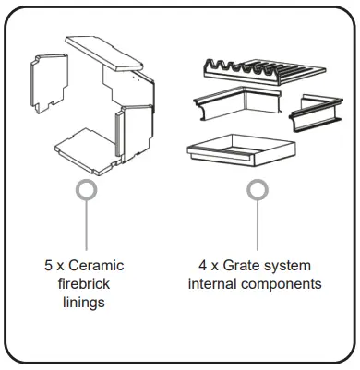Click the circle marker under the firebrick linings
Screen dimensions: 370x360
click(86, 190)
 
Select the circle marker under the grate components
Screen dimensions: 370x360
click(258, 190)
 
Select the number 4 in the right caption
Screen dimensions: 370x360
click(203, 266)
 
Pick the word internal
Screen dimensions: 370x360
click(215, 284)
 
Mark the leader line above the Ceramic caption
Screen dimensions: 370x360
click(86, 226)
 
